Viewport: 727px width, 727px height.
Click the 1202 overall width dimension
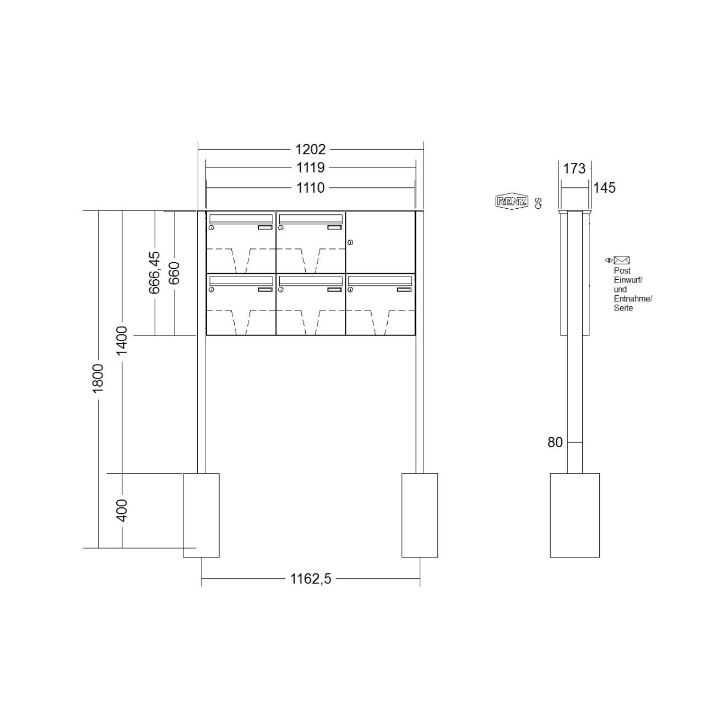311,149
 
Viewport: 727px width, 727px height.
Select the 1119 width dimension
311,167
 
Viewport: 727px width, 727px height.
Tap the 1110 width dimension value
311,188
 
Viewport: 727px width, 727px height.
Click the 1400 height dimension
122,340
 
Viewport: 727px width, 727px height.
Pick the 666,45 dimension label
155,272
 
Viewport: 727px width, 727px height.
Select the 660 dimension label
174,273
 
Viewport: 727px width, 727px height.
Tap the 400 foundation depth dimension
122,511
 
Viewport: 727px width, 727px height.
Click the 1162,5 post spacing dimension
311,579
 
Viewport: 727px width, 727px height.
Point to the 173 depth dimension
574,168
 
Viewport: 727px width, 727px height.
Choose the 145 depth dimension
604,188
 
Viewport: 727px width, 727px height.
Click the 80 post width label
555,442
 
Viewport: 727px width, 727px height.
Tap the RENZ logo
512,202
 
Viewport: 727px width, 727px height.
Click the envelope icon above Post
622,261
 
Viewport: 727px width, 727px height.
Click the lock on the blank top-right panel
350,242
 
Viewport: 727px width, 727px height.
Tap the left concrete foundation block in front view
201,515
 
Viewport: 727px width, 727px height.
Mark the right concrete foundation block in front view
420,515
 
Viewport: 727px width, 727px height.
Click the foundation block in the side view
574,515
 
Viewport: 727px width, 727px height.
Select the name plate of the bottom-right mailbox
404,289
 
